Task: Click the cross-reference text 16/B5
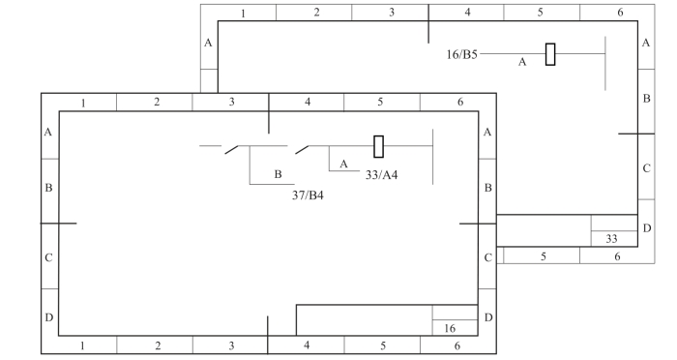[461, 54]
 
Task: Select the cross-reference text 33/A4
[381, 174]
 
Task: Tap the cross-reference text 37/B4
[308, 195]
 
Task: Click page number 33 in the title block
[611, 239]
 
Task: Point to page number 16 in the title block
[450, 328]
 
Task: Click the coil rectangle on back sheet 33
[550, 54]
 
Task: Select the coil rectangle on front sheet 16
[379, 146]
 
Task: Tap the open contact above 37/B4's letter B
[232, 149]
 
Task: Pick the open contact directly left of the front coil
[302, 150]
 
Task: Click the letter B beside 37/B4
[278, 174]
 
